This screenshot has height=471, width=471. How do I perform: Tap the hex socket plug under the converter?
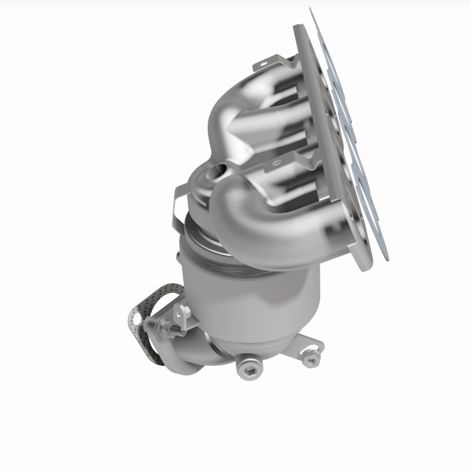(247, 367)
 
